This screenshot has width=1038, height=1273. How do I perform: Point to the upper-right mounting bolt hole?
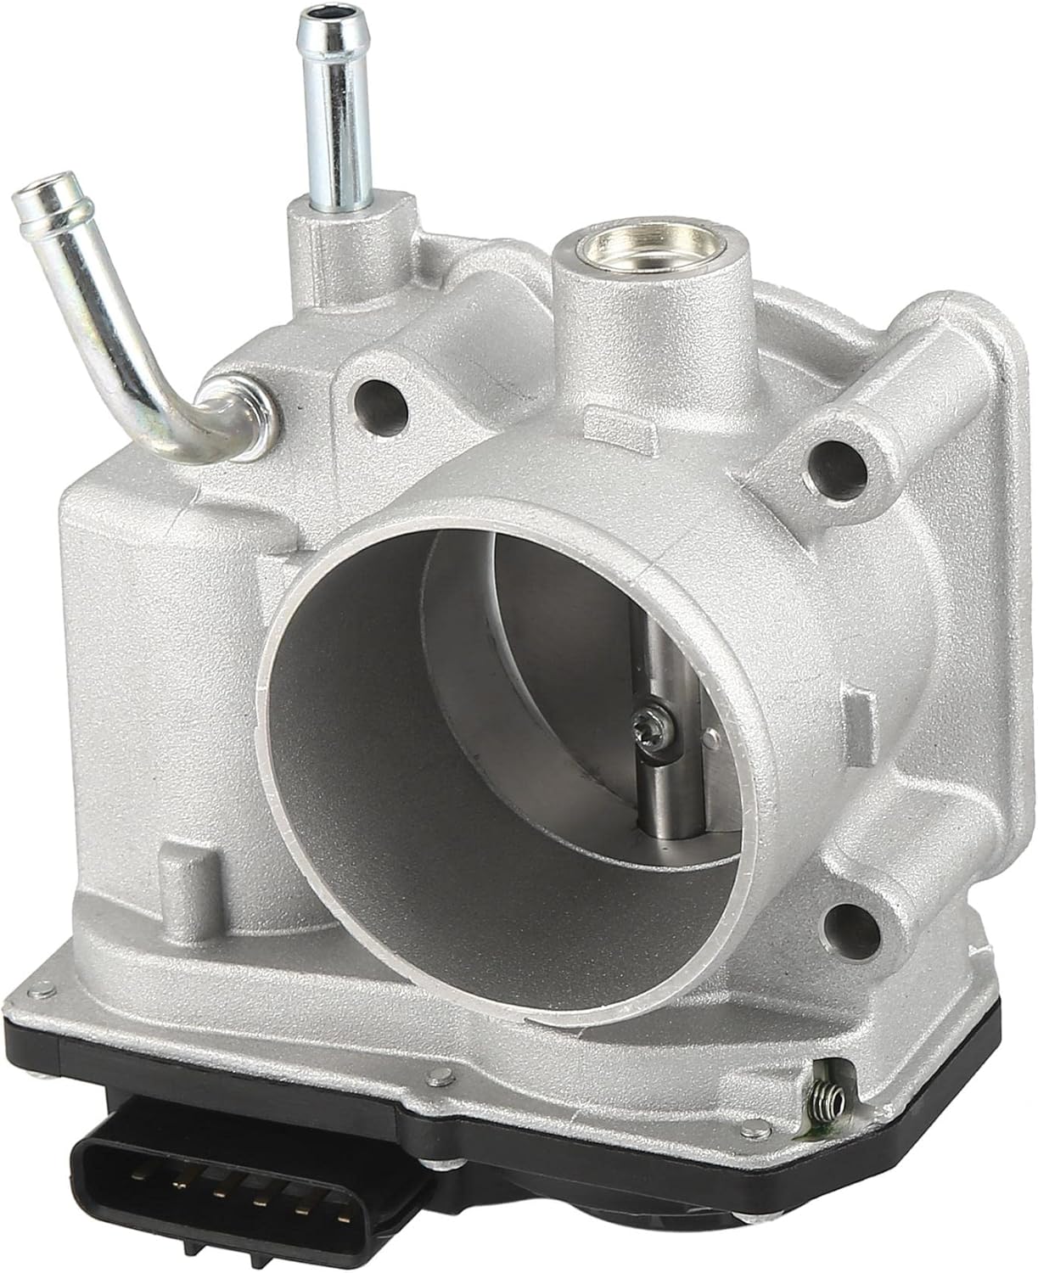[x=836, y=462]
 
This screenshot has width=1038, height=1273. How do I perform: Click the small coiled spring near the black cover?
[x=833, y=1103]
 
